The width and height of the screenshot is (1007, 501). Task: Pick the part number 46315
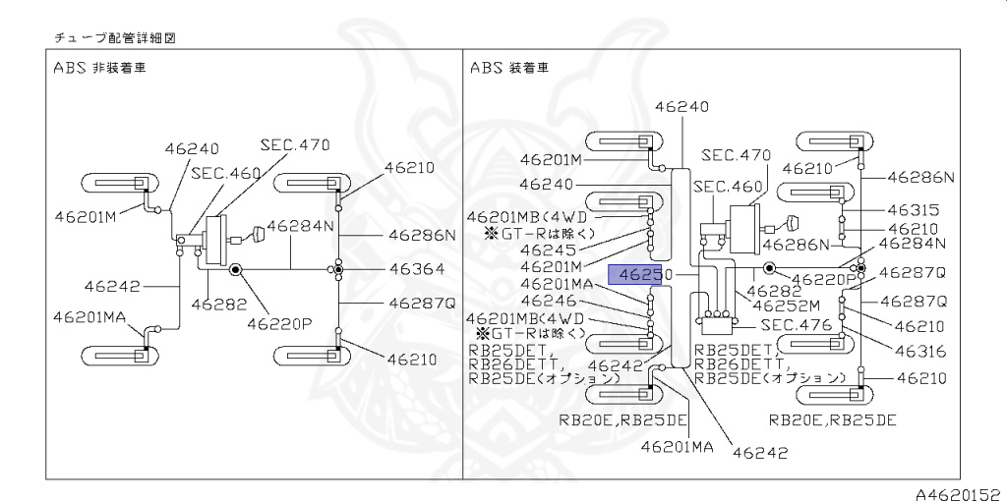[x=913, y=209]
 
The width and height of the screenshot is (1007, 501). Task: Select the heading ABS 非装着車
[x=108, y=69]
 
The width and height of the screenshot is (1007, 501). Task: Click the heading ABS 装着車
[x=508, y=69]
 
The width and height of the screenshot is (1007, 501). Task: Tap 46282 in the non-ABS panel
[x=219, y=305]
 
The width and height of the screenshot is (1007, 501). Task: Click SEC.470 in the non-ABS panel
[x=294, y=144]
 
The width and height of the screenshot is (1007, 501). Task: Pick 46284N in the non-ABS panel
[x=301, y=226]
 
